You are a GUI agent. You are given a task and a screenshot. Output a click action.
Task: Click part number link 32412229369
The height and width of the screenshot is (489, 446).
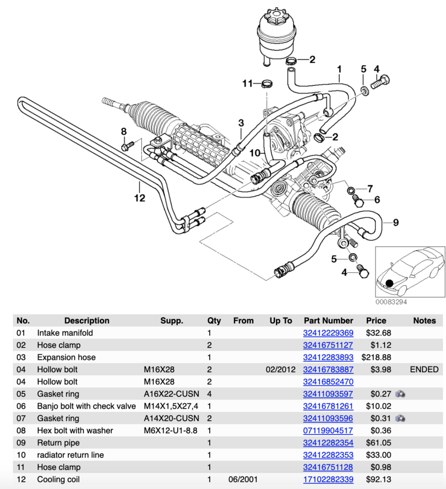[328, 333]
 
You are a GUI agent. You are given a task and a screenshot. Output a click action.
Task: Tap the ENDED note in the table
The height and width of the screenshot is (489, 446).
[424, 369]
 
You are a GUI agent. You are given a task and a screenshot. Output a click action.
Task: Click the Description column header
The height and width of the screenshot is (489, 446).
[87, 321]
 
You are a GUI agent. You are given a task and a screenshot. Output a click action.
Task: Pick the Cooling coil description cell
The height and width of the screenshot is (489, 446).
[59, 479]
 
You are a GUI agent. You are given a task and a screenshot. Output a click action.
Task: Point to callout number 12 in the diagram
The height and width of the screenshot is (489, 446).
[140, 198]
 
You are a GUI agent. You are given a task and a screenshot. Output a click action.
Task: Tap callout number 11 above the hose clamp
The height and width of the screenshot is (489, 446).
[248, 83]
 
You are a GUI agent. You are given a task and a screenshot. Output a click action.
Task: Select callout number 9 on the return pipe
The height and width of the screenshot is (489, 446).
[395, 222]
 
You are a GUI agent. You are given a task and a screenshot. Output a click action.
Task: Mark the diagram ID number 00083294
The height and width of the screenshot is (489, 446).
[391, 302]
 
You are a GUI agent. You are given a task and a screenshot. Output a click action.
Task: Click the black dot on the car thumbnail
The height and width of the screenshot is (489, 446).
[390, 283]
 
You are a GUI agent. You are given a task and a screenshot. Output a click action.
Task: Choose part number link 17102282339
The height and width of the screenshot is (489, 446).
[328, 479]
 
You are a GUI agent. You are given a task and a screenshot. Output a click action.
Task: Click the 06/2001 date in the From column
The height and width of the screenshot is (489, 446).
[243, 479]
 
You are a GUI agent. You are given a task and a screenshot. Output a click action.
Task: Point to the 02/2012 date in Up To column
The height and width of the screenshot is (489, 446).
[280, 369]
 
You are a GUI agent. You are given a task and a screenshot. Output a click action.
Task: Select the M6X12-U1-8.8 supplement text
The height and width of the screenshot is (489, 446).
[169, 430]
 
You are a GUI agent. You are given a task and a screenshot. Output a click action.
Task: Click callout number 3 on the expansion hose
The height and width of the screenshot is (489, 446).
[241, 123]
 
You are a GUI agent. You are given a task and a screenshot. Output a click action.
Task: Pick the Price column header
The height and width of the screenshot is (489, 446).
[376, 321]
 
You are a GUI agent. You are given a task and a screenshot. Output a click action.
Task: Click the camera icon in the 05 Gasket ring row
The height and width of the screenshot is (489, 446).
[401, 394]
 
